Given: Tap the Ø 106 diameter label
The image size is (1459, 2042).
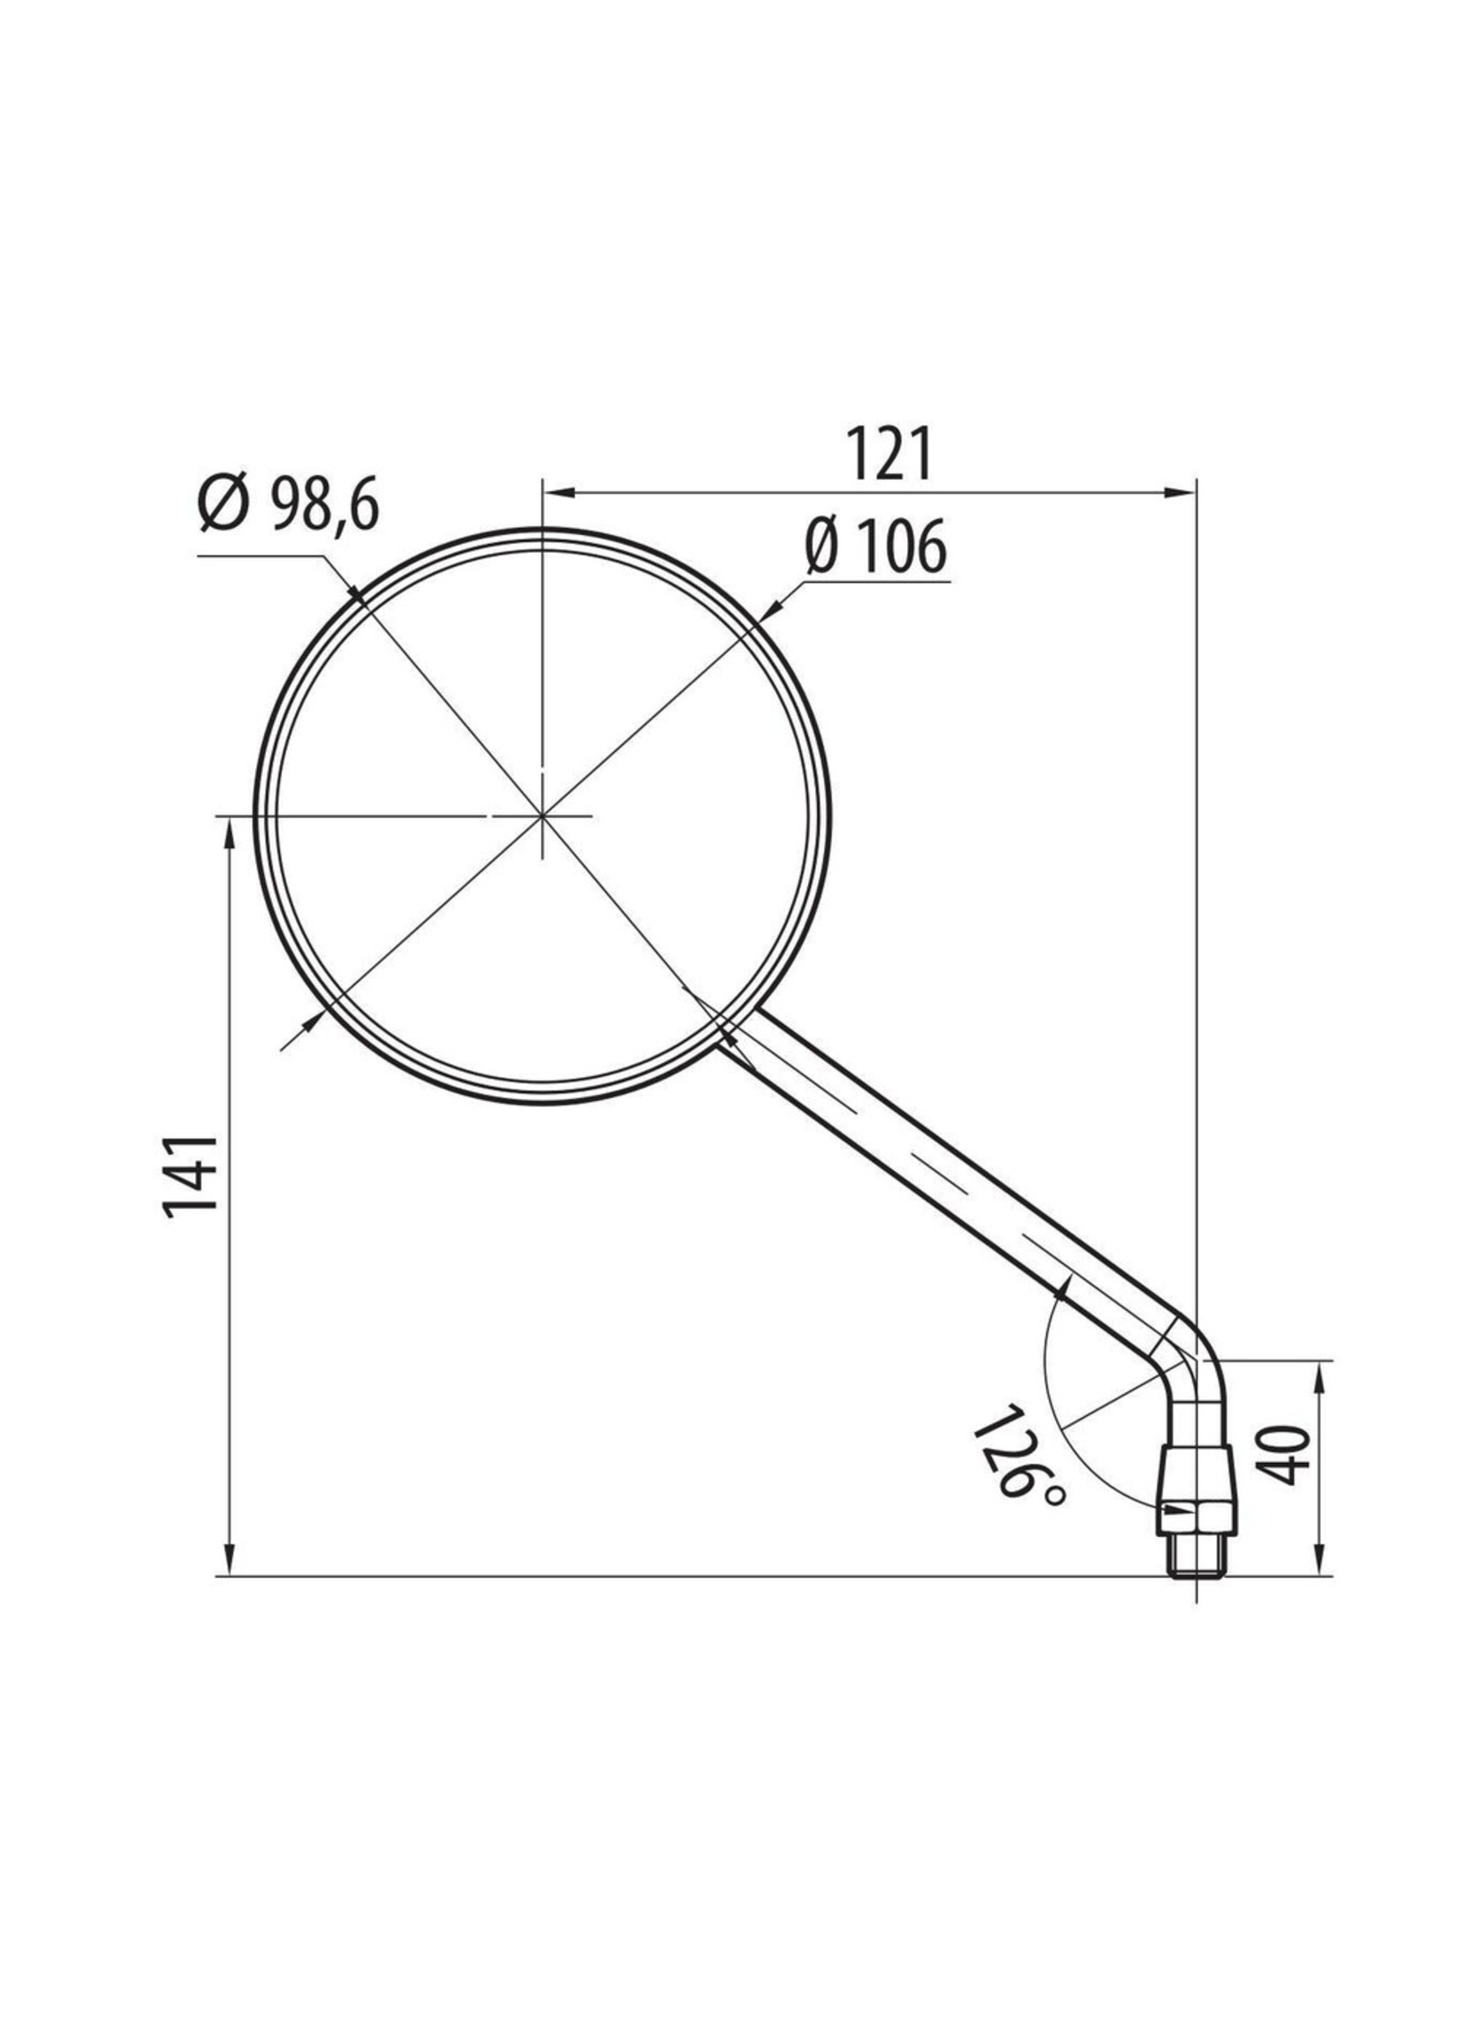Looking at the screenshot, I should [x=876, y=546].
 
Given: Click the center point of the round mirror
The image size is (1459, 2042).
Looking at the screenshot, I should [x=541, y=816].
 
